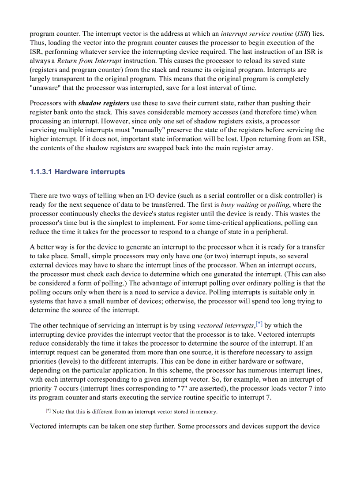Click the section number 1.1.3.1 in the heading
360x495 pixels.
[41, 172]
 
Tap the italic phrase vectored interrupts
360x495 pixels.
[226, 326]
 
